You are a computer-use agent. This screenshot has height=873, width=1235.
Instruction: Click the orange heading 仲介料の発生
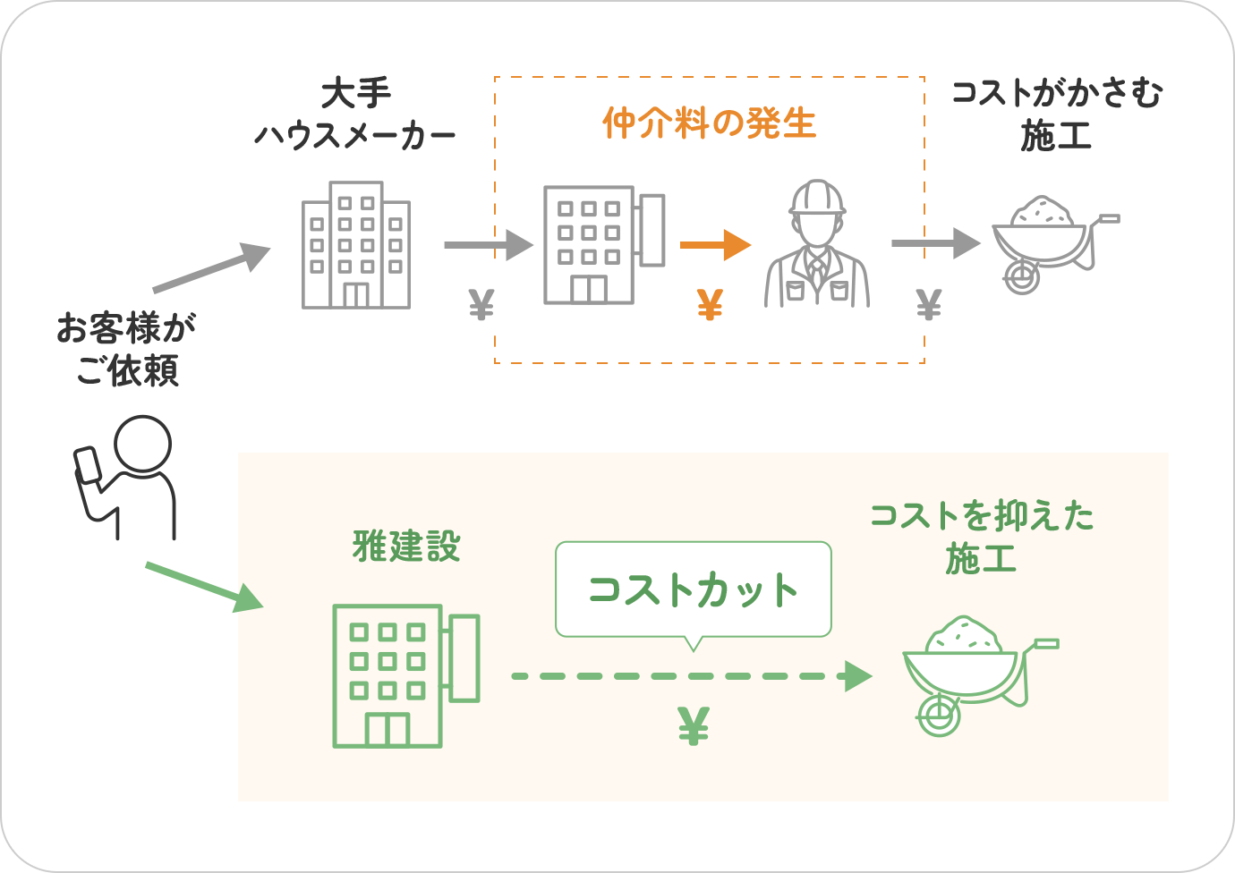709,123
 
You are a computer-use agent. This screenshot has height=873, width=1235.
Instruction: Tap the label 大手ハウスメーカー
355,114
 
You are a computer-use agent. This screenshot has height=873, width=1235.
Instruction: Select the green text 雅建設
406,547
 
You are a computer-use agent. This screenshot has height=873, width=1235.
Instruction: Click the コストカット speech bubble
693,589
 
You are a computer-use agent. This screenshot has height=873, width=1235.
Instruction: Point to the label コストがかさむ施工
1056,114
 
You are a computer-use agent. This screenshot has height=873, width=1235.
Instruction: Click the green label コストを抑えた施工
982,538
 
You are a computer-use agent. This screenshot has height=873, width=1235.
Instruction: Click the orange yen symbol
710,306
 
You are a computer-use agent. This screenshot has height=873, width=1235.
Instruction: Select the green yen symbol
694,726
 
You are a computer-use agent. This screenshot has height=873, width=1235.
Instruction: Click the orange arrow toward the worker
714,244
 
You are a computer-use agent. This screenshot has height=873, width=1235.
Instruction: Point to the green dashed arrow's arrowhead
858,676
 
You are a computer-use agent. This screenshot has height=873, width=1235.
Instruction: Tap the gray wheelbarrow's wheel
1021,276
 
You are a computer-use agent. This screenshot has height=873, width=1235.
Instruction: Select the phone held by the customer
89,465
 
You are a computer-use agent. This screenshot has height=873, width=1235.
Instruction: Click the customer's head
143,443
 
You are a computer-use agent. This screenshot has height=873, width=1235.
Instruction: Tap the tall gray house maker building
356,245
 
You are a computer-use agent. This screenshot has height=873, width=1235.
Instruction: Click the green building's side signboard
464,657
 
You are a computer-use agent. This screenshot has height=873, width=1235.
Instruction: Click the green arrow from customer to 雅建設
205,587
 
